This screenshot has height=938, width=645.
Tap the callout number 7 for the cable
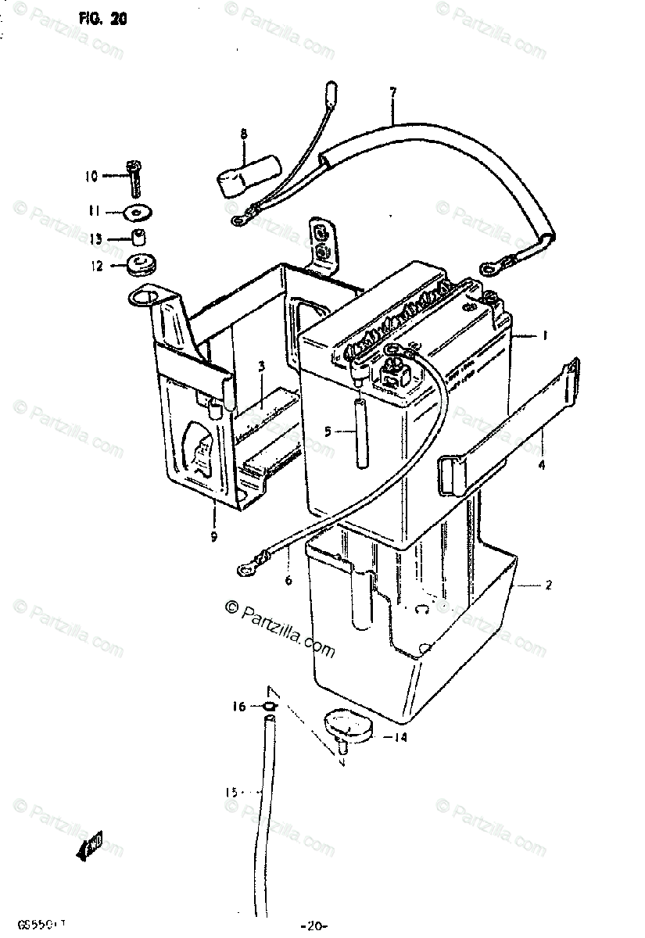[392, 92]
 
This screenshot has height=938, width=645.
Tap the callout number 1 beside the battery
[545, 335]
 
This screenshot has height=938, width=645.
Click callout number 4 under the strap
[540, 464]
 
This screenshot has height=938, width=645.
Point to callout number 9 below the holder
[213, 536]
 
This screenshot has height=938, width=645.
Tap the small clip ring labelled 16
[268, 707]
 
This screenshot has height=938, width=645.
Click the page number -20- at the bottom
[313, 926]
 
